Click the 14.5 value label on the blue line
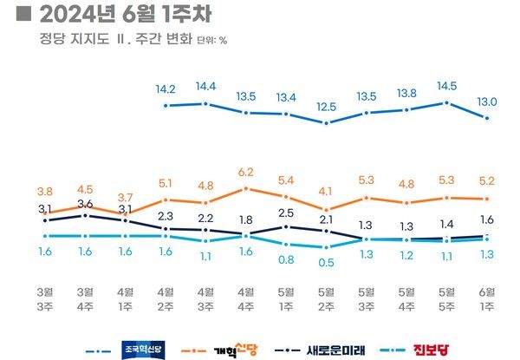click(447, 86)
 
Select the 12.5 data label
click(326, 106)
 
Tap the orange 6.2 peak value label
click(245, 173)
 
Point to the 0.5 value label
click(326, 262)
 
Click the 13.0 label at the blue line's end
click(488, 100)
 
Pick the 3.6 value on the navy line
click(85, 204)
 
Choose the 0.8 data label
click(286, 259)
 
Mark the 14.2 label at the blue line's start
click(166, 88)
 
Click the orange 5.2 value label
click(488, 181)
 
